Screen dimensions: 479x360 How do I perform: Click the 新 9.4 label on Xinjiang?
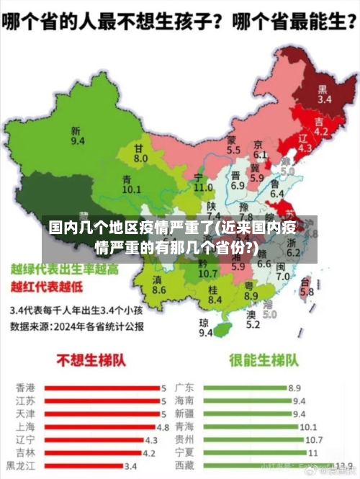coord(77,136)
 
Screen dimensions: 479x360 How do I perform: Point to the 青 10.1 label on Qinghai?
coord(131,184)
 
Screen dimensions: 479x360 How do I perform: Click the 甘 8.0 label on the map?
coord(140,153)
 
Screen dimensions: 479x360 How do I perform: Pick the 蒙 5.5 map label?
coord(233,146)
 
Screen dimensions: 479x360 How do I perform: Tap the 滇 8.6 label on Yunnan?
coord(159,285)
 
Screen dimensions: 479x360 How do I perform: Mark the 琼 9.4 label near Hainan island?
coord(205,328)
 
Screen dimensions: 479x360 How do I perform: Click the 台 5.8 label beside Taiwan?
coord(307,287)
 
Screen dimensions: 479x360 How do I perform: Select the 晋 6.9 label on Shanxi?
coord(238,180)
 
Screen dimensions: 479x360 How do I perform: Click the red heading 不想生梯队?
coord(87,360)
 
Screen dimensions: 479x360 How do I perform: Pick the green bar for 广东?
coord(244,388)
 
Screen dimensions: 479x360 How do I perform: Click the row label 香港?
coord(25,388)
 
